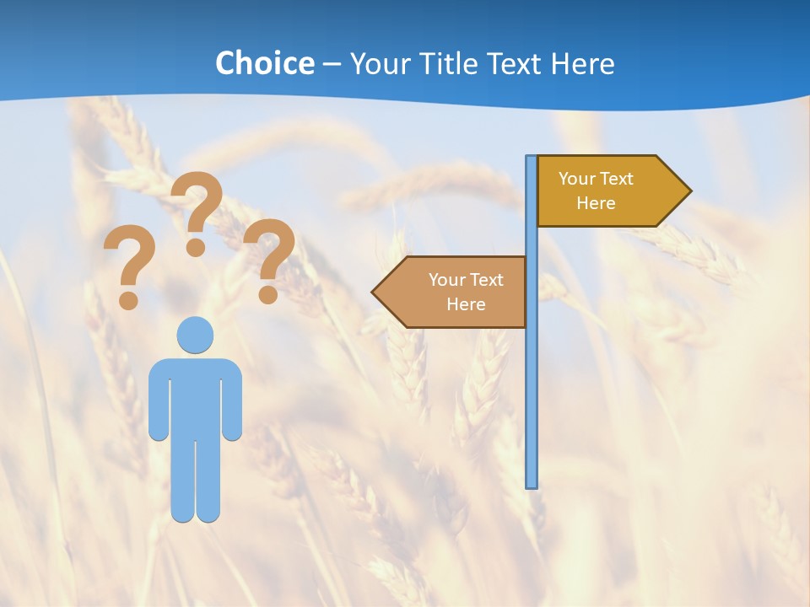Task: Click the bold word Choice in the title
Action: [x=264, y=63]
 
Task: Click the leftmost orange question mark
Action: [x=128, y=261]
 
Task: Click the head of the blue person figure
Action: [x=195, y=335]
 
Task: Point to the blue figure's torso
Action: [x=195, y=396]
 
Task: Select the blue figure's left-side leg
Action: [x=182, y=481]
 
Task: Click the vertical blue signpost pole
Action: [x=532, y=379]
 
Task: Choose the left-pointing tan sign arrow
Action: [x=456, y=292]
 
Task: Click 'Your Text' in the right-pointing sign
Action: [x=596, y=179]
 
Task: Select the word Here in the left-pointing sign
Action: [x=466, y=304]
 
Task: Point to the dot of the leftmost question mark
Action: [x=128, y=299]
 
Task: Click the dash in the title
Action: [x=332, y=65]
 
